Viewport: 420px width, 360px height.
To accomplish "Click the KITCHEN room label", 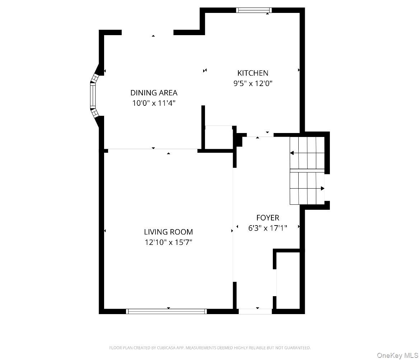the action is coord(253,73).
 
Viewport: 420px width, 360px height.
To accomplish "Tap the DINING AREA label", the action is coord(154,93).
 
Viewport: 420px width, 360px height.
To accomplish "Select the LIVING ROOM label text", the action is coord(168,232).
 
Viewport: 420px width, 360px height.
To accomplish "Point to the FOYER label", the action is coord(267,218).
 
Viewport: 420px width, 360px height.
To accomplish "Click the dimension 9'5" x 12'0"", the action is coord(253,84).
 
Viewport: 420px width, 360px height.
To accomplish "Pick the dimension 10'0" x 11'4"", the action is coord(154,103).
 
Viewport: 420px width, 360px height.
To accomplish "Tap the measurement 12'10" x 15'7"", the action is coord(168,242).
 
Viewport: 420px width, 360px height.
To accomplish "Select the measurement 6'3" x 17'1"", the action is coord(267,228).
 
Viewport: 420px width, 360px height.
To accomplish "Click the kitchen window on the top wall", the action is coord(254,10).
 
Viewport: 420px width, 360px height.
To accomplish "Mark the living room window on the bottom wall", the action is coord(166,311).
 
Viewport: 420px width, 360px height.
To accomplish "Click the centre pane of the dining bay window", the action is coord(93,95).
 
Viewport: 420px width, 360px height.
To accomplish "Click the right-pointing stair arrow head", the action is coord(322,189).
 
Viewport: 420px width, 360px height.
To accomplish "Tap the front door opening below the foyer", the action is coord(255,311).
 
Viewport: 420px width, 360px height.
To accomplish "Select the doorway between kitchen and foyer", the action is coord(260,135).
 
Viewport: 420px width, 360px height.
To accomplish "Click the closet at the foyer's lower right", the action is coord(288,280).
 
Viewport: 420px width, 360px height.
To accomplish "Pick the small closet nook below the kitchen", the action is coord(219,137).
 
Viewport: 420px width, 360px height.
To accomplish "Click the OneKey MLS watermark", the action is coord(397,355).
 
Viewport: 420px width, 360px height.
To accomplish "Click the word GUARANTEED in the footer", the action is coord(297,348).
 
